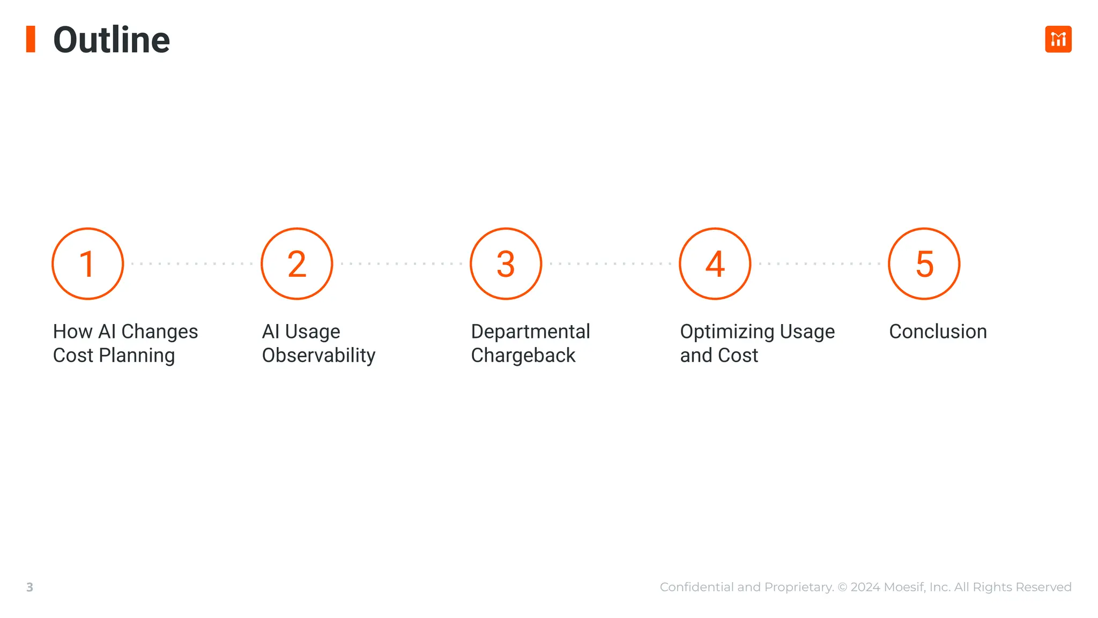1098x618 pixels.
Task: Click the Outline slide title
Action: (112, 40)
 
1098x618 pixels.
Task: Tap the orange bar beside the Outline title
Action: (31, 39)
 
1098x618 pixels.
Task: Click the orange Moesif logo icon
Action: (1058, 39)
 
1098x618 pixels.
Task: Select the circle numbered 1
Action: (88, 264)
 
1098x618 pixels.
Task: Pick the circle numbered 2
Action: (297, 264)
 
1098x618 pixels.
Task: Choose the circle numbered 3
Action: (506, 264)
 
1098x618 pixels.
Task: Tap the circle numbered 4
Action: (715, 264)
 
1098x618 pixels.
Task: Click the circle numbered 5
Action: (924, 264)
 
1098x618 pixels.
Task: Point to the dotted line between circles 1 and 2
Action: (192, 264)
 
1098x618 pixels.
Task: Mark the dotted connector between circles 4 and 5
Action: (819, 264)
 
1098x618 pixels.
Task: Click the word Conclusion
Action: (938, 332)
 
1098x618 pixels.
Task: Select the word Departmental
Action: (530, 332)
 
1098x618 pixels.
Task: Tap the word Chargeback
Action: (523, 355)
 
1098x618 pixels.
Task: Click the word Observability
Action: (318, 355)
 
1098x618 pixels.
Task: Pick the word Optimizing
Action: (726, 332)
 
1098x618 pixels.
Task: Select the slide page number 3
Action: (30, 587)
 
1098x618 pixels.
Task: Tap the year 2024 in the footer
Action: (865, 587)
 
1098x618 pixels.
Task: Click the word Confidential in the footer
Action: (697, 587)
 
